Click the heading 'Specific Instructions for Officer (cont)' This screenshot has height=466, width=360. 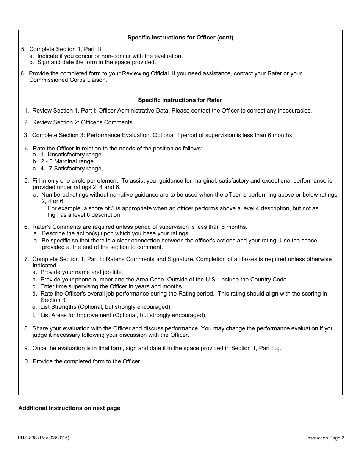point(180,38)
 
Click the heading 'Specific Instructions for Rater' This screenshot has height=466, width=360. point(180,100)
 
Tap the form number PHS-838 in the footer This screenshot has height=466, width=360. point(28,438)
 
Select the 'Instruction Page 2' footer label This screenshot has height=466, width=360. point(325,438)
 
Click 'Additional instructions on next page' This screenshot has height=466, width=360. point(69,408)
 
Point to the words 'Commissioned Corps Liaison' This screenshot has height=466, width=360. point(68,80)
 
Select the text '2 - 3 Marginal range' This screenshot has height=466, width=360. point(67,161)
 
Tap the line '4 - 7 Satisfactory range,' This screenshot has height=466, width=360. point(72,169)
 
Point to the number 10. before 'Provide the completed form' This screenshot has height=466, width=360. point(25,361)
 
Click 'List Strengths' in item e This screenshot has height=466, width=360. point(58,307)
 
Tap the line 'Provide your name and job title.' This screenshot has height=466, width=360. point(82,272)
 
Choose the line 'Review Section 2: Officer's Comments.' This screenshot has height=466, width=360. point(83,122)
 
